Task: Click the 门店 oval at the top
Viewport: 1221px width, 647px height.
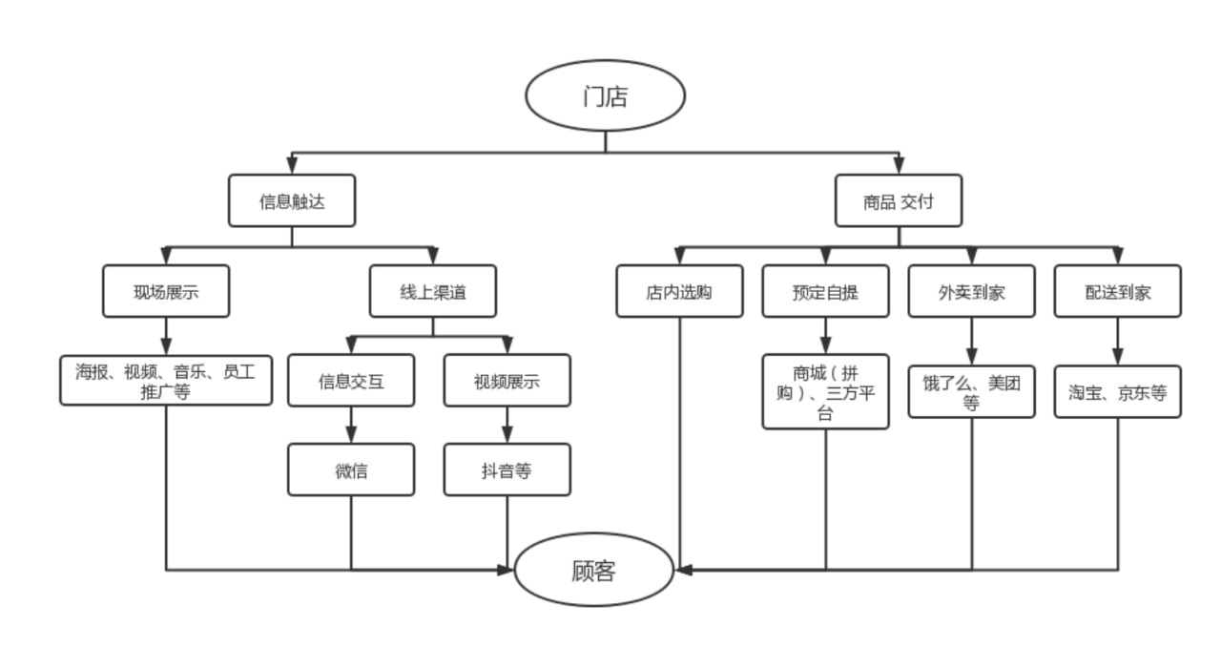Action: coord(605,95)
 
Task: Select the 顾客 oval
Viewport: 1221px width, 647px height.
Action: coord(593,571)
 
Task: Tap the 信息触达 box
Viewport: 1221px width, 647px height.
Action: coord(292,201)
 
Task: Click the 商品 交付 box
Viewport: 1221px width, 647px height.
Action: coord(898,201)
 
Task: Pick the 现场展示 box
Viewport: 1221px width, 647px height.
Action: coord(166,291)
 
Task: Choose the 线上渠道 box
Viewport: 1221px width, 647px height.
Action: coord(432,291)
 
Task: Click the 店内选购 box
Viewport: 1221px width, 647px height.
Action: coord(679,291)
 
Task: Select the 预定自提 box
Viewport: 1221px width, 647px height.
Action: coord(825,291)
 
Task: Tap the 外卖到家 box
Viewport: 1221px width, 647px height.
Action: coord(971,291)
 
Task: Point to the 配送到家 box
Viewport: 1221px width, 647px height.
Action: coord(1117,291)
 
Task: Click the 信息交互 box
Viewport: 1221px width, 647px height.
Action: coord(351,381)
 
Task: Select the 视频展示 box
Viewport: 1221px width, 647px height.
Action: coord(507,381)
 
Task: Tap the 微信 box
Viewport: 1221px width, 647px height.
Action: coord(351,470)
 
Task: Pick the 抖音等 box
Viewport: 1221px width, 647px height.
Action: coord(507,470)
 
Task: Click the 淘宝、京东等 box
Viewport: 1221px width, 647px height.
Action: coord(1117,391)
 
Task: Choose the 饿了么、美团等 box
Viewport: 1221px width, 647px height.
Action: coord(971,391)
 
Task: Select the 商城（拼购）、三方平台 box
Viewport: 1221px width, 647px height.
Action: coord(825,391)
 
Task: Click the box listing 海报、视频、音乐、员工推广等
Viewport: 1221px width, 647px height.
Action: coord(166,380)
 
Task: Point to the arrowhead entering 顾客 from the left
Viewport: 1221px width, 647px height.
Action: coord(507,571)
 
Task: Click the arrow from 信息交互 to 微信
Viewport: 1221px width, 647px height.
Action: coord(351,426)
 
